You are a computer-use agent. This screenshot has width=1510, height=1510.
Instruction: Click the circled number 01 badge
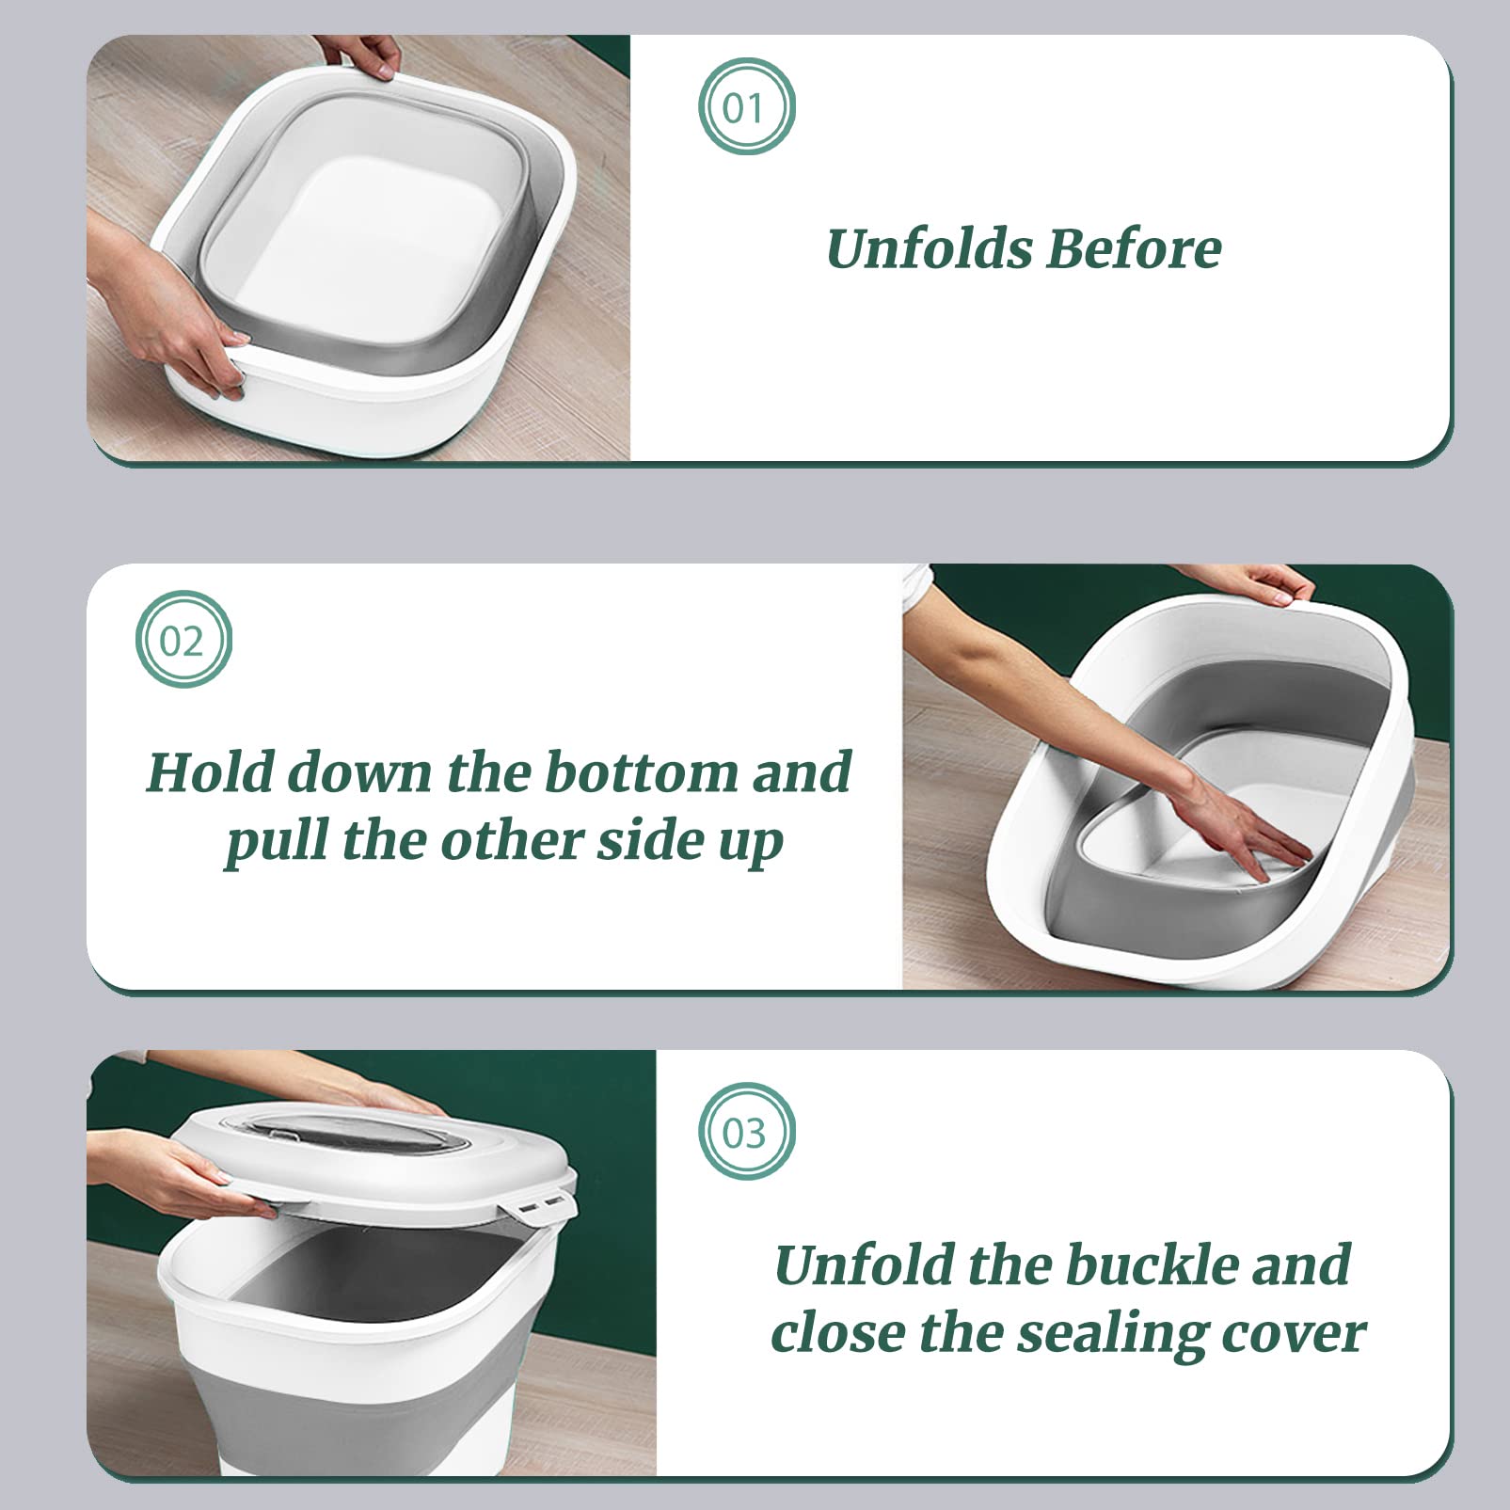pos(746,106)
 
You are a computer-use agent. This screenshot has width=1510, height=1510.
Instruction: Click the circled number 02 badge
pos(183,640)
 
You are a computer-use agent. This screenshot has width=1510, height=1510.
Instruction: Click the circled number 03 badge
pos(746,1132)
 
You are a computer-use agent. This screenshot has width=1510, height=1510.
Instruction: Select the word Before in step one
pos(1133,249)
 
